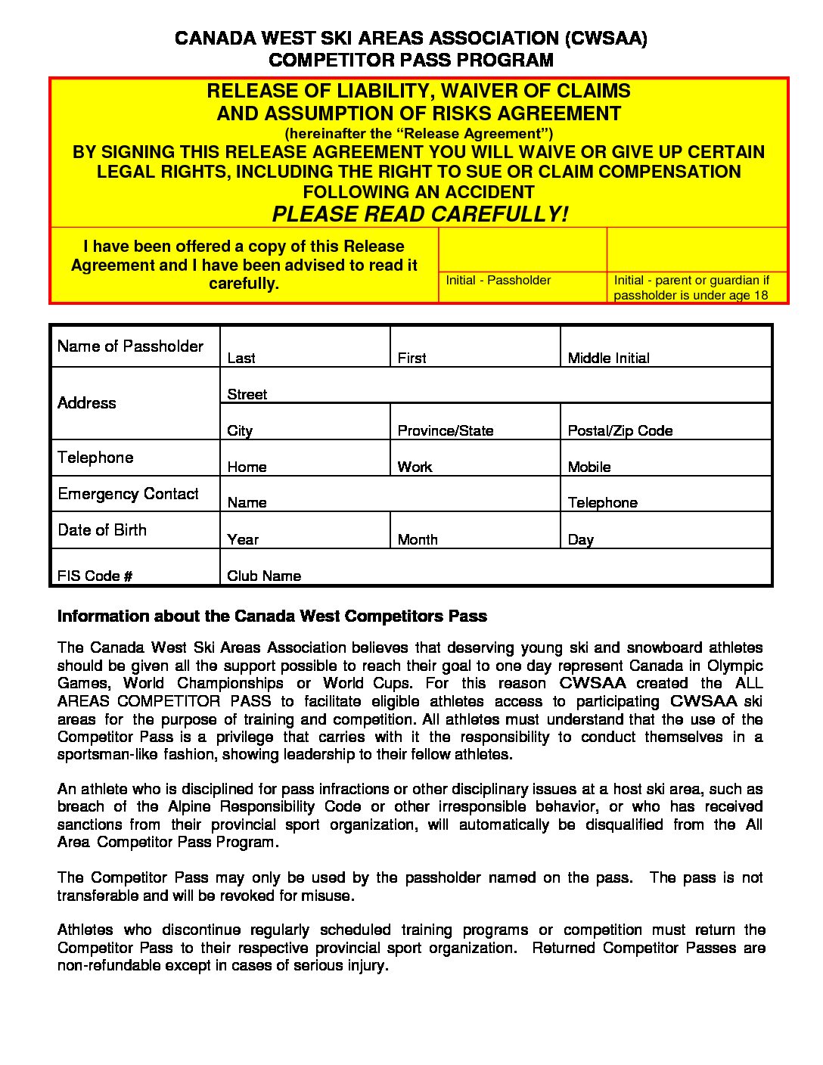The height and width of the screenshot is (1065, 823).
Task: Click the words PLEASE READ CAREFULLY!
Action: tap(420, 214)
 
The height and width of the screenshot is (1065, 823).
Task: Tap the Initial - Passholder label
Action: tap(498, 280)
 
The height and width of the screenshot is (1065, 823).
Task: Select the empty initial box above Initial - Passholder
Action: tap(522, 250)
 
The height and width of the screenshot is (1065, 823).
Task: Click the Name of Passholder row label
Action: tap(130, 346)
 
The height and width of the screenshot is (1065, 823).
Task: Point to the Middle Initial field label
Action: tap(608, 358)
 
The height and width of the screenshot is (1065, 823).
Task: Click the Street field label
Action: tap(247, 394)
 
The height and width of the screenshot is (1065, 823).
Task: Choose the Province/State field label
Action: tap(445, 430)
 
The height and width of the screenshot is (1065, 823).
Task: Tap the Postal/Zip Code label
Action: tap(620, 430)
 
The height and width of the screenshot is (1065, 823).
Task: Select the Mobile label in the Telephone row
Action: tap(589, 467)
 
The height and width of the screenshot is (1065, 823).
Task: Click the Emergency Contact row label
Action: tap(128, 494)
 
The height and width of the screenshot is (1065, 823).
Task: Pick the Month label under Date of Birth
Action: tap(417, 539)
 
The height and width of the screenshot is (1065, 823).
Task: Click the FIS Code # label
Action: tap(95, 576)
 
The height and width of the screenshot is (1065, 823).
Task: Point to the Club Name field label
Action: tap(263, 576)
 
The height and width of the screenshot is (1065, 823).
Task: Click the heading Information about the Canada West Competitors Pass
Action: tap(272, 616)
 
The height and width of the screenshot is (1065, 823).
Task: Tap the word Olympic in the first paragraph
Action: tap(734, 666)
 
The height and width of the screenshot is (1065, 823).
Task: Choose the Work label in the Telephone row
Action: tap(415, 467)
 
